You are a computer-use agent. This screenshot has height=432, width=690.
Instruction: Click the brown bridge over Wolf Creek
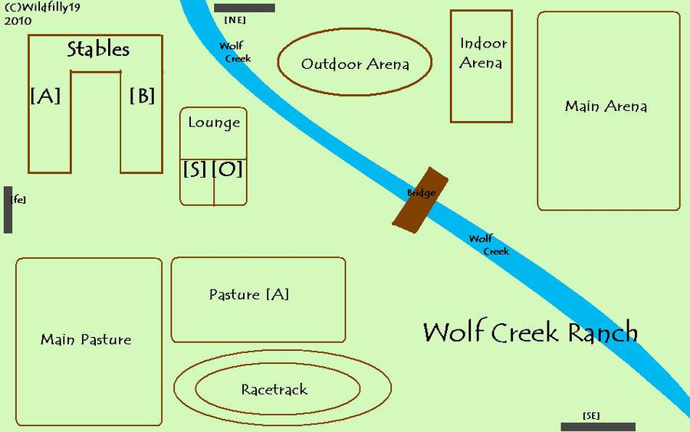419,198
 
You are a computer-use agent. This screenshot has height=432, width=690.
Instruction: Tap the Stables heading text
98,50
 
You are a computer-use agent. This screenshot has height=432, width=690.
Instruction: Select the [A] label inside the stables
45,96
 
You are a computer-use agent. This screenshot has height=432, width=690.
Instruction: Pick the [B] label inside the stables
142,96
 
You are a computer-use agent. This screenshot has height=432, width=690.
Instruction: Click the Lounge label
214,123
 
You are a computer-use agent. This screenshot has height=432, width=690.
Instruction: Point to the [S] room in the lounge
195,170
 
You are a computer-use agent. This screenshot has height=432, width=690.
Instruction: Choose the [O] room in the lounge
228,170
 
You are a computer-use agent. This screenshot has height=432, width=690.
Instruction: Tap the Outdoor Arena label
354,64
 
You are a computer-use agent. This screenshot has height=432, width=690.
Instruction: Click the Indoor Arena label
481,54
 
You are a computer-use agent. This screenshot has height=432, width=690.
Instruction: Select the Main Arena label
606,106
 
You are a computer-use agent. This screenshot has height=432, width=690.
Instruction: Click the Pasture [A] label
249,295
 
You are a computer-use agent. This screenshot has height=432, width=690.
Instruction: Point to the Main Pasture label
86,339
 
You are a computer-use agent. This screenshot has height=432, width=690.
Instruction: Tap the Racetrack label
274,390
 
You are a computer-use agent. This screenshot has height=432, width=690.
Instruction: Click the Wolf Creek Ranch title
530,332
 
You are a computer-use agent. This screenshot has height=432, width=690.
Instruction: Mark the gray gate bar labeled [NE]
245,8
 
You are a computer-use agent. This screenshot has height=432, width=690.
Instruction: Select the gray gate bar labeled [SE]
598,427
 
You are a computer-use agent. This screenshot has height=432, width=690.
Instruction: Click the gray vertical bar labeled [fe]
8,209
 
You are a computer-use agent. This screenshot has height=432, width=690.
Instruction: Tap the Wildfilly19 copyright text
43,7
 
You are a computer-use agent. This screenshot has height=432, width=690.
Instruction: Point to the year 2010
18,21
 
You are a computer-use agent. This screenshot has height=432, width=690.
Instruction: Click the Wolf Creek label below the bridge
488,245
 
